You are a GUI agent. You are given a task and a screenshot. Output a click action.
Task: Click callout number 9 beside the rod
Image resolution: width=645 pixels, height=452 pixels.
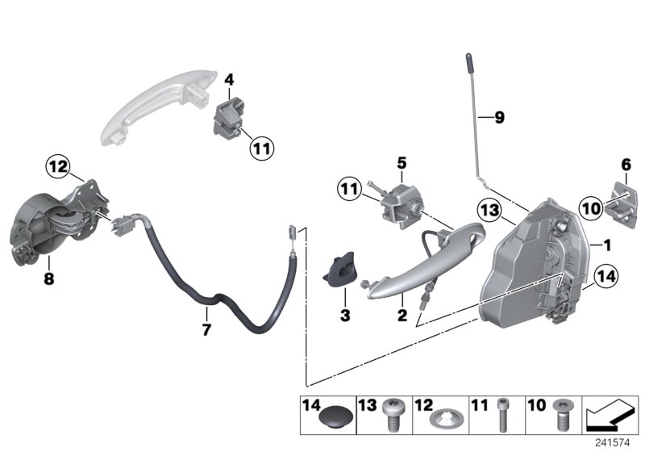pos(499,118)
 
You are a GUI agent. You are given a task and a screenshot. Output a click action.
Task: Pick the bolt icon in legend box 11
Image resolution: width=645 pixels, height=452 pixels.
pos(502,416)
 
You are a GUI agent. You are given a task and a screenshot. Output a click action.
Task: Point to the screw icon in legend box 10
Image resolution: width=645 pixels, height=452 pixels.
pos(559,417)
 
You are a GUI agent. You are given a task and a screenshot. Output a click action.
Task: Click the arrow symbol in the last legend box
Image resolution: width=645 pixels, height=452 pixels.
pos(609,416)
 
